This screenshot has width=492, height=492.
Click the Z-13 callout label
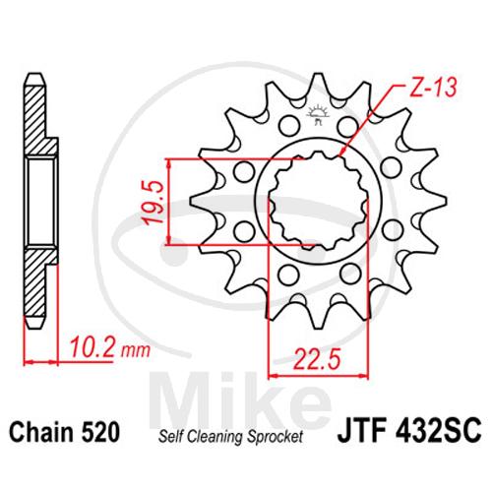(433, 88)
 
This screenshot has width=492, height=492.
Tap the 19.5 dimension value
(154, 202)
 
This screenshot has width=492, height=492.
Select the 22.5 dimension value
(318, 358)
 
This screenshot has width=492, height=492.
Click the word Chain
(41, 433)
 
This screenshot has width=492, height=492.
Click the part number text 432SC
(439, 432)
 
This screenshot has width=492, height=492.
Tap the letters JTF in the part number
(361, 432)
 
